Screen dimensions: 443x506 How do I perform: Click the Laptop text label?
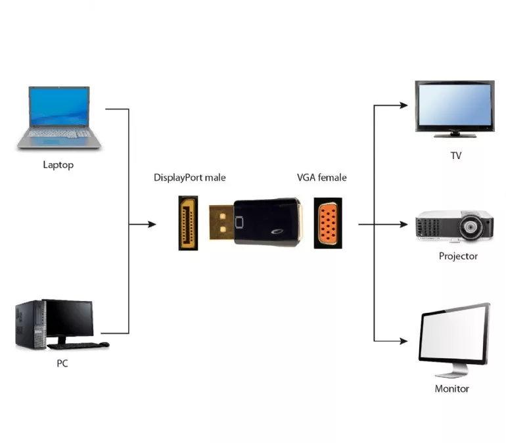coord(58,165)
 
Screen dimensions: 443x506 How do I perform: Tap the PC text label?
coord(62,363)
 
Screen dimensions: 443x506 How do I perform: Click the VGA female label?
coord(321,177)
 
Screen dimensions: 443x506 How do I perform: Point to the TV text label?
coord(455,156)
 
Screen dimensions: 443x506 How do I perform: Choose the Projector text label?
coord(458,256)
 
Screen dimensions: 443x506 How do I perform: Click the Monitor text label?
coord(452,388)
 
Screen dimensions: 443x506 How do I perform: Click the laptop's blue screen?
coord(58,106)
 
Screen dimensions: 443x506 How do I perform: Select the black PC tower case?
coord(29,325)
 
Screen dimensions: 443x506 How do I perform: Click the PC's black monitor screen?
coord(68,318)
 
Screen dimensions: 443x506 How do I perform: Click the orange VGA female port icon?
coord(328,223)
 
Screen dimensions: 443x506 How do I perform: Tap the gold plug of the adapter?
coord(221,223)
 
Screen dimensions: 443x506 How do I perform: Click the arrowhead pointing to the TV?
coord(407,104)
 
